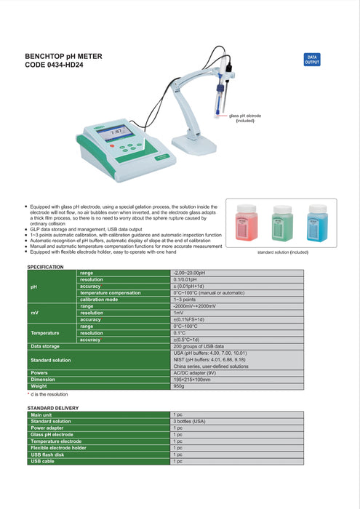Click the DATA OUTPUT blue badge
click(312, 60)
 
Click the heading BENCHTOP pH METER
click(64, 56)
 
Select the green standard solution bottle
click(282, 224)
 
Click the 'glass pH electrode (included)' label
click(245, 118)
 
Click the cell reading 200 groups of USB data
click(199, 346)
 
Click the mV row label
click(34, 313)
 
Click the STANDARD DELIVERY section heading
click(52, 408)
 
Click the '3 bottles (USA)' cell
click(189, 421)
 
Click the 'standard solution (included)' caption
click(283, 252)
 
